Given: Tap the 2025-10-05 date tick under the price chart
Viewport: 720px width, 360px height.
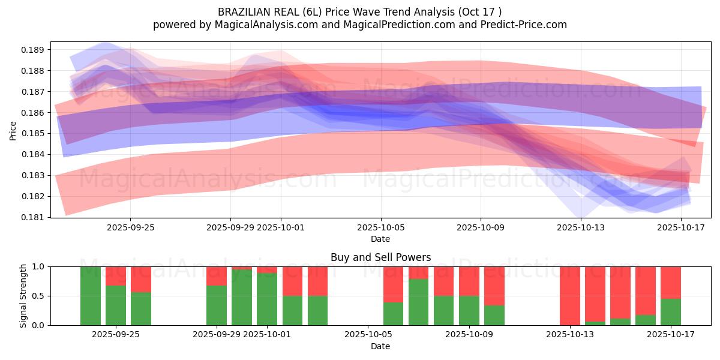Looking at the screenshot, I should coord(380,228).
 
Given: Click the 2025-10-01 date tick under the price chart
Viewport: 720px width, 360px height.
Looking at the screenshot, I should coord(281,228).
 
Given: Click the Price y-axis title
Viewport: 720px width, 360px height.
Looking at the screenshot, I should coord(13,130).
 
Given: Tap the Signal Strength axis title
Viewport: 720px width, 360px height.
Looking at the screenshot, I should coord(23,296).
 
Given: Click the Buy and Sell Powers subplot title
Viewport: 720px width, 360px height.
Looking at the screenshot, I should coord(380,257).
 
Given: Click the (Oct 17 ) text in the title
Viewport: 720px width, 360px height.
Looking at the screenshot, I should coord(480,11).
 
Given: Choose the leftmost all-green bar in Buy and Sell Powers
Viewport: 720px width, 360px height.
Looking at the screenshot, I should coord(91,296).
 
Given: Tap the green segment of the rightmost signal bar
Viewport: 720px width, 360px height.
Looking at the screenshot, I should coord(671,312).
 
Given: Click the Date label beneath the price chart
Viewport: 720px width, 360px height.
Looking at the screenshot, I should coord(380,239).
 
